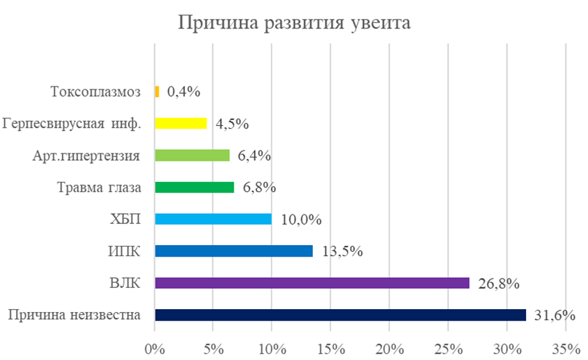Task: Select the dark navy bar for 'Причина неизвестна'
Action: pyautogui.click(x=340, y=315)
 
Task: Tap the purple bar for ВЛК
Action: pyautogui.click(x=312, y=283)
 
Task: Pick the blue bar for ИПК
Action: pyautogui.click(x=234, y=251)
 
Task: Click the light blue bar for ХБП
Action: pyautogui.click(x=213, y=219)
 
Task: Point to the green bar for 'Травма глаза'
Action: pyautogui.click(x=194, y=187)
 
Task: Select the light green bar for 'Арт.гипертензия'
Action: pyautogui.click(x=192, y=155)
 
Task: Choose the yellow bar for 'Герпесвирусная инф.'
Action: pyautogui.click(x=180, y=124)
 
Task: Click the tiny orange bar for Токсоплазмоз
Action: pyautogui.click(x=156, y=92)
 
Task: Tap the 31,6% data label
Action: pyautogui.click(x=555, y=316)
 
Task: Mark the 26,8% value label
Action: pyautogui.click(x=498, y=284)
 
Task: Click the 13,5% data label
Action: pyautogui.click(x=342, y=252)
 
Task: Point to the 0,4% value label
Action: pyautogui.click(x=183, y=92)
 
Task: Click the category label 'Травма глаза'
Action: pyautogui.click(x=104, y=188)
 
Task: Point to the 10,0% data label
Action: pyautogui.click(x=301, y=220)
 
